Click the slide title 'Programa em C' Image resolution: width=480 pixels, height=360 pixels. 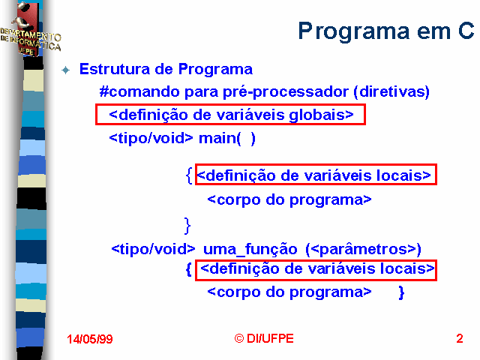[x=385, y=31]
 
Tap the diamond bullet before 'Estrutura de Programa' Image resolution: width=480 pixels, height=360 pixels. [x=65, y=70]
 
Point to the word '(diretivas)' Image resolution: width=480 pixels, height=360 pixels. [x=391, y=91]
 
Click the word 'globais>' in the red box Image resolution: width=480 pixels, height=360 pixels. [x=322, y=115]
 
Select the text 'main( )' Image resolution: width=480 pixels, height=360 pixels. [x=227, y=138]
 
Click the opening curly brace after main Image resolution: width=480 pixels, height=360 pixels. [x=189, y=175]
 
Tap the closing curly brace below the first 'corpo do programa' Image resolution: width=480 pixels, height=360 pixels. [x=187, y=226]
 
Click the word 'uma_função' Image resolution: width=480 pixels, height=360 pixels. [x=250, y=249]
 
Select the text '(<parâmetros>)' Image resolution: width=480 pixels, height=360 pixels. [x=363, y=249]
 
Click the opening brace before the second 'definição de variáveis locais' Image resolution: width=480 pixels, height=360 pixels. [x=189, y=269]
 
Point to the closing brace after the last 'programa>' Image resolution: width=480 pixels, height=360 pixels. [x=401, y=292]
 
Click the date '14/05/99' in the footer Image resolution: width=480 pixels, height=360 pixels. [x=90, y=339]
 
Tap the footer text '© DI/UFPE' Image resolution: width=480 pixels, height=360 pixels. [x=264, y=338]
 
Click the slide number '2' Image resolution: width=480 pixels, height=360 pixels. [x=460, y=338]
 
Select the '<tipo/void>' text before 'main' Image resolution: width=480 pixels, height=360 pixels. [x=151, y=138]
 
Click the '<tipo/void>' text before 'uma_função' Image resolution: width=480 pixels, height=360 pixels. [x=153, y=249]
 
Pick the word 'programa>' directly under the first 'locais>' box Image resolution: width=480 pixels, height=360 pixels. [x=331, y=200]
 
